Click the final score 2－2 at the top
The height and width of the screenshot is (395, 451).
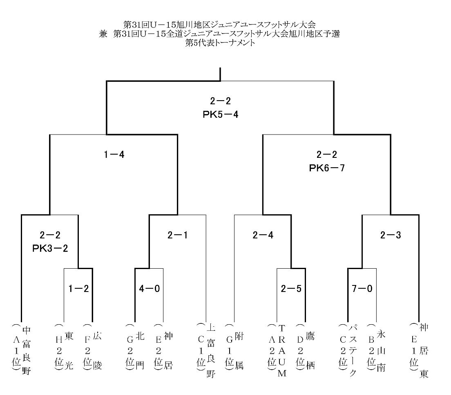click(x=220, y=101)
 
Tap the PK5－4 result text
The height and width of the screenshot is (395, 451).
click(x=220, y=114)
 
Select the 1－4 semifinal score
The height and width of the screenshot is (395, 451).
click(x=114, y=155)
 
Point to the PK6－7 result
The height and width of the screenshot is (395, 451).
click(x=327, y=168)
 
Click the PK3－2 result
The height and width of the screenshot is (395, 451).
click(x=50, y=248)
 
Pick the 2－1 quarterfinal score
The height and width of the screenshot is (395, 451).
click(x=178, y=235)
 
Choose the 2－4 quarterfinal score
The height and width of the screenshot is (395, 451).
click(x=263, y=235)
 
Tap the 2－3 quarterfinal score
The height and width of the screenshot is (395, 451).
click(x=391, y=235)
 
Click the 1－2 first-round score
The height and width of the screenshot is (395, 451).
click(x=78, y=288)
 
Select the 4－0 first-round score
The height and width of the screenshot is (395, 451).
click(x=149, y=288)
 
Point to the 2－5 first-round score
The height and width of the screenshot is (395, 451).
click(x=291, y=288)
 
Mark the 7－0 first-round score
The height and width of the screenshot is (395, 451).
click(x=362, y=288)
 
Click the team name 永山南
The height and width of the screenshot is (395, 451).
click(x=381, y=351)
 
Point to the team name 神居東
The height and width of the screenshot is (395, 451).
click(x=424, y=350)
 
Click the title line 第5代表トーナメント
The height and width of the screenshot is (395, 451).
click(x=220, y=43)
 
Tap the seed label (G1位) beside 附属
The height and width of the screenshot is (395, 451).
click(x=230, y=347)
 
